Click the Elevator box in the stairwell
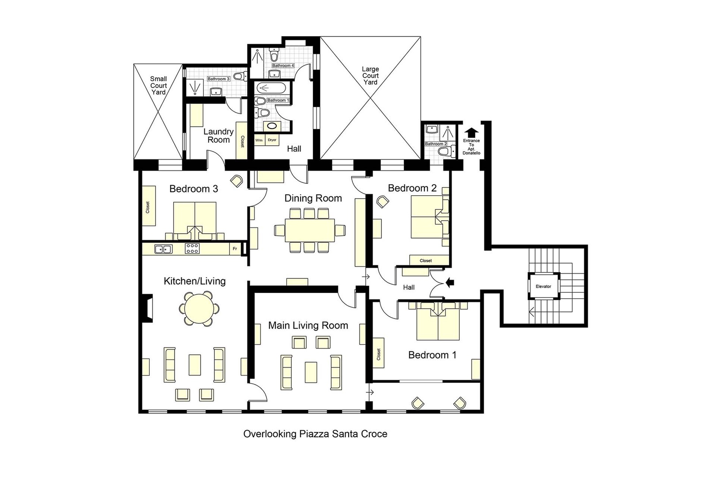coord(543,286)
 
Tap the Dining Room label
coord(313,198)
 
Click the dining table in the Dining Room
coord(308,230)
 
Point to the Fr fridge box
coord(235,249)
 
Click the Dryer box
coord(272,140)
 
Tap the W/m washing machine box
coord(259,140)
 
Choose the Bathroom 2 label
coord(436,144)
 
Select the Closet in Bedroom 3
coord(148,207)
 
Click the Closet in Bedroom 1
coord(379,354)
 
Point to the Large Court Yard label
coord(370,76)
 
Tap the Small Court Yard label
coord(158,85)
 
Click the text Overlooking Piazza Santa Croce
coord(315,434)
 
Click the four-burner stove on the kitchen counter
coord(192,249)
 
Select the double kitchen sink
coord(164,249)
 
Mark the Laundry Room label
coord(218,136)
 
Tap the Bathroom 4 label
coord(283,65)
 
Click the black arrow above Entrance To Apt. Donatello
coord(471,132)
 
